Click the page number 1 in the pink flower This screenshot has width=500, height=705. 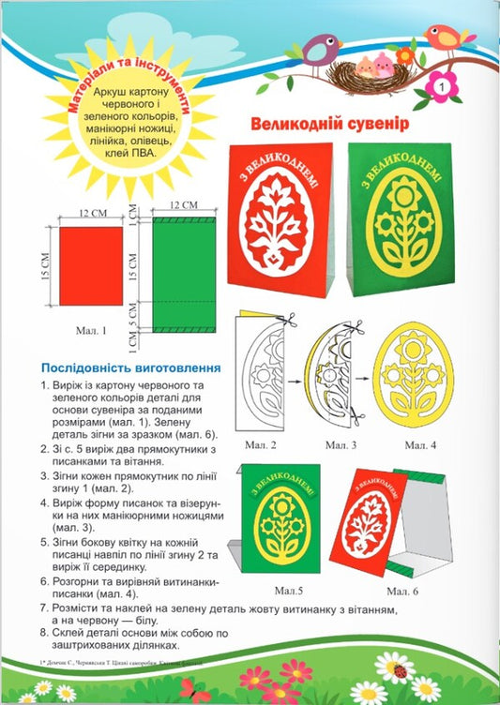pos(441,86)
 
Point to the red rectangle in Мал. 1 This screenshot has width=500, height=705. pos(91,267)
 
